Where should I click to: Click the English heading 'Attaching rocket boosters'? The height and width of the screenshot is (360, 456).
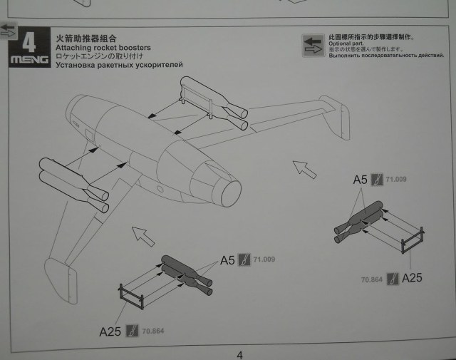[98, 46]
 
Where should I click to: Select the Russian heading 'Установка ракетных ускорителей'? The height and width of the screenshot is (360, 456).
[118, 65]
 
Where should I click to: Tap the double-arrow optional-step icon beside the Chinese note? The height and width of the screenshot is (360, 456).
[313, 44]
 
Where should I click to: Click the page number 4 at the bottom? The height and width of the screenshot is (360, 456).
[239, 354]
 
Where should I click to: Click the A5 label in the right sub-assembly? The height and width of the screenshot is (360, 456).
[361, 180]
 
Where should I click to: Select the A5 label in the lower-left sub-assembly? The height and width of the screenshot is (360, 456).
[227, 260]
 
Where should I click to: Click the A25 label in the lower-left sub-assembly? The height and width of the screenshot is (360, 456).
[110, 330]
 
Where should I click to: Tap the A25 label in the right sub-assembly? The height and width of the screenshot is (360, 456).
[412, 277]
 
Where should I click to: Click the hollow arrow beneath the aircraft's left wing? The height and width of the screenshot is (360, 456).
[143, 235]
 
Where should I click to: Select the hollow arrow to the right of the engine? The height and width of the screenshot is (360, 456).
[305, 169]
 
